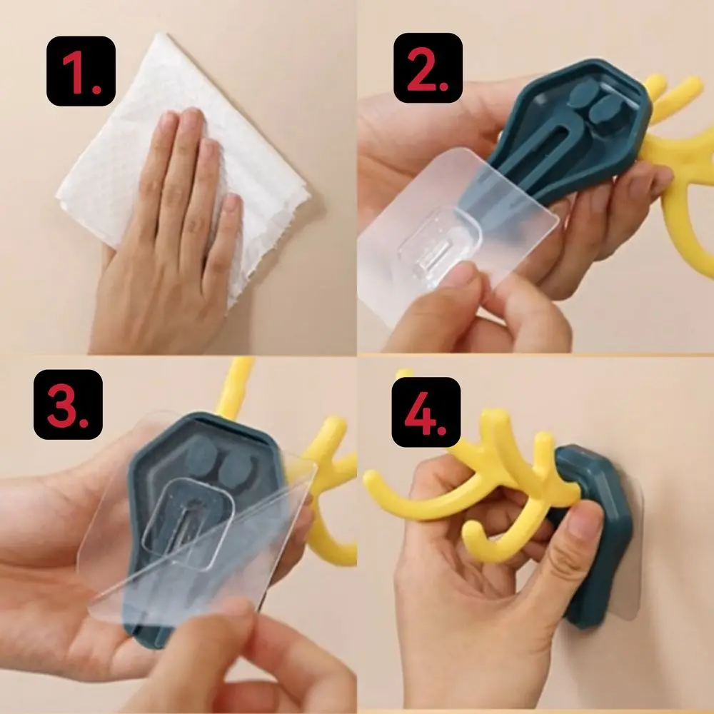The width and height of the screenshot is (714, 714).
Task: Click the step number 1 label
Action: coord(81,70)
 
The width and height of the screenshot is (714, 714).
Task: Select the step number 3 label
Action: coord(68,403)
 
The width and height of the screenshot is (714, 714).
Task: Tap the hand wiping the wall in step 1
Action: coord(171,236)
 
